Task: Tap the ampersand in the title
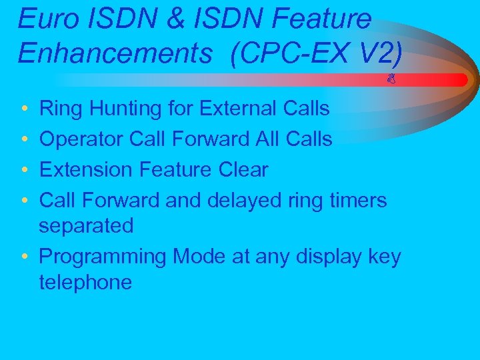pyautogui.click(x=176, y=19)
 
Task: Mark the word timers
pyautogui.click(x=358, y=200)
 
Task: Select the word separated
pyautogui.click(x=86, y=226)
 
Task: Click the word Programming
pyautogui.click(x=103, y=257)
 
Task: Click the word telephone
pyautogui.click(x=85, y=283)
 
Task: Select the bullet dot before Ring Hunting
pyautogui.click(x=24, y=109)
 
